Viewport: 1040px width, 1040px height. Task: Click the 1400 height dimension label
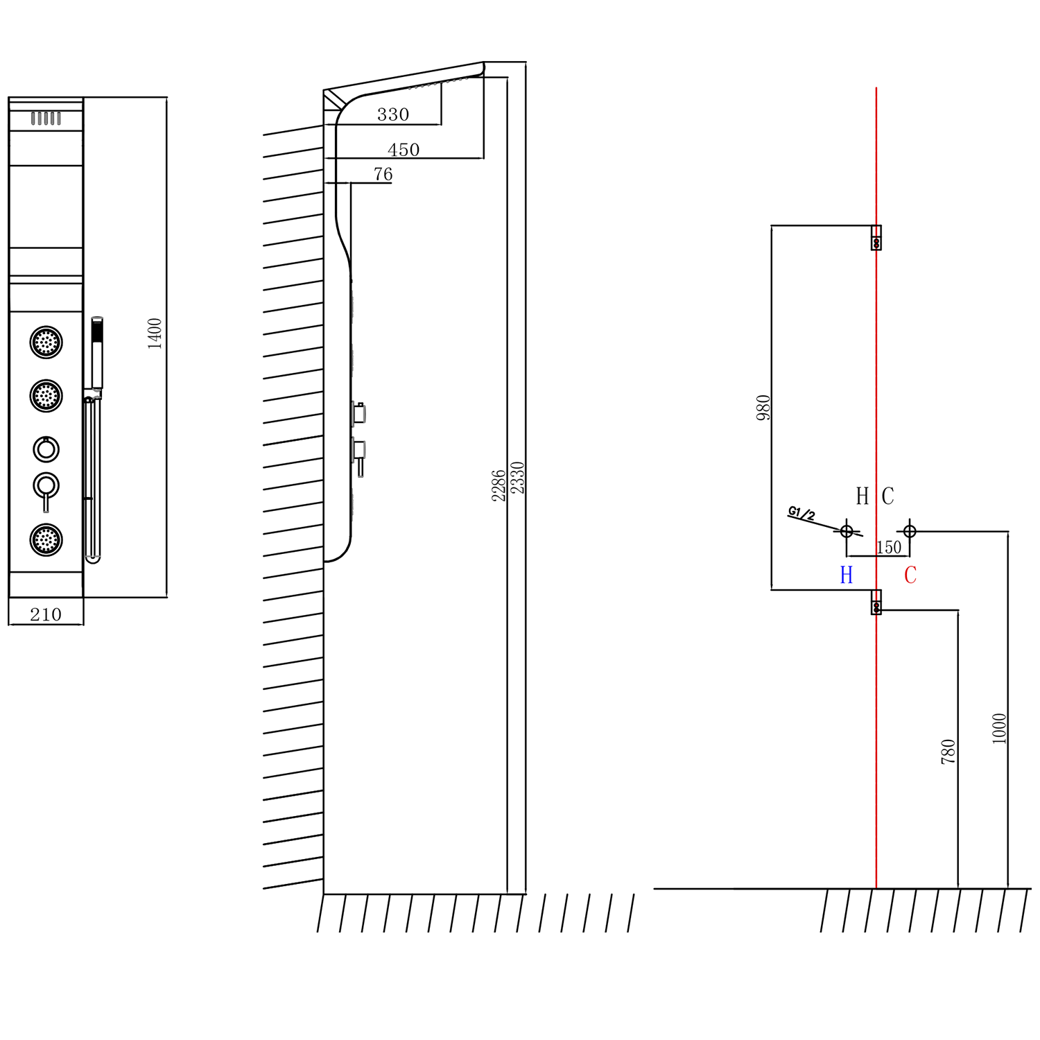click(155, 333)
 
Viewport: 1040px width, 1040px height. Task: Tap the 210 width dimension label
click(46, 614)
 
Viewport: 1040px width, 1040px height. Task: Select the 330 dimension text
click(393, 114)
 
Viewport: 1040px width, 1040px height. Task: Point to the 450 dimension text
click(404, 150)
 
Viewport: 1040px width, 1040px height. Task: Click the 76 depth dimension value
click(383, 174)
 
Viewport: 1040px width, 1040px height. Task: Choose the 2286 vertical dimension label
click(499, 485)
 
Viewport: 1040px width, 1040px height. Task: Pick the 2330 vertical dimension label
click(517, 478)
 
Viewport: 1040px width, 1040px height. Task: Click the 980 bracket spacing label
click(763, 408)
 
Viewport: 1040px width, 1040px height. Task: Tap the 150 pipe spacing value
click(889, 548)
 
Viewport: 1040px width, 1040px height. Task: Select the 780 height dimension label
click(948, 752)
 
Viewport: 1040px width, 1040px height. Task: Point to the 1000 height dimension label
click(999, 728)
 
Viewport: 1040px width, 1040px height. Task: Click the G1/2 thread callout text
click(801, 514)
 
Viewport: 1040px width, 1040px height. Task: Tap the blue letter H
click(847, 575)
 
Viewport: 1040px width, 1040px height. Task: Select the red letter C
click(910, 575)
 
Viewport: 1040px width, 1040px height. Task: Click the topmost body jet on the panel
click(46, 342)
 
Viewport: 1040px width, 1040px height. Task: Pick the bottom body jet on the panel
click(46, 539)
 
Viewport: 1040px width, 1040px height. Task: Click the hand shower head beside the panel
click(98, 353)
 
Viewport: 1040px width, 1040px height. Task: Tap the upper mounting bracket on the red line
click(876, 237)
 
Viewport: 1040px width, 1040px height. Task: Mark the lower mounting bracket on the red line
click(876, 602)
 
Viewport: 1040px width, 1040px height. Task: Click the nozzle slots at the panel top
click(46, 119)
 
